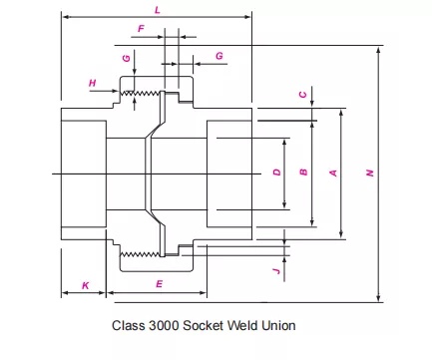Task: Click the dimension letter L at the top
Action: coord(157,9)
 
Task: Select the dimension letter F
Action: coord(141,30)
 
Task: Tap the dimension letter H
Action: coord(93,82)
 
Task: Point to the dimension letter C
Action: coord(303,95)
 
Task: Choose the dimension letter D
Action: coord(276,173)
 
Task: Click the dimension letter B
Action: coord(303,173)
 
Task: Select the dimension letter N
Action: coord(369,173)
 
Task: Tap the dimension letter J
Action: coord(276,268)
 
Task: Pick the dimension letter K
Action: coord(85,285)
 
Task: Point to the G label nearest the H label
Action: coord(126,59)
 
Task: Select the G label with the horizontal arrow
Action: coord(218,56)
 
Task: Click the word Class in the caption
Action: coord(131,325)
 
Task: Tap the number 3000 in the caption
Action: coord(166,325)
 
